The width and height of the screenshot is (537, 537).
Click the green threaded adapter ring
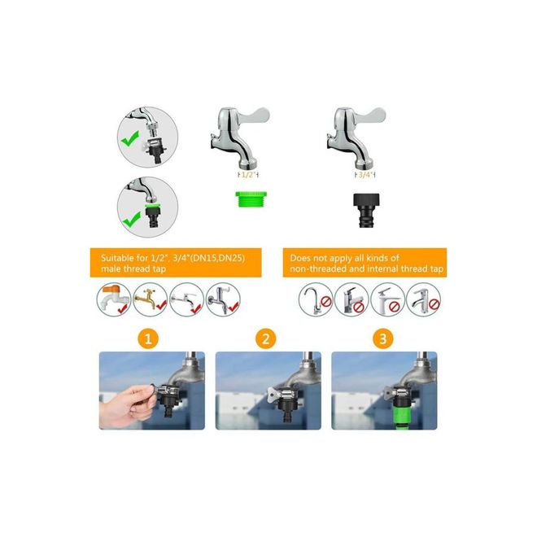click(251, 199)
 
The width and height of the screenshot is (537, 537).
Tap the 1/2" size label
click(248, 175)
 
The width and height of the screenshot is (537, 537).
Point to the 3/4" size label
click(365, 175)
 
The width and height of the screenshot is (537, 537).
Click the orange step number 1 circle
click(148, 339)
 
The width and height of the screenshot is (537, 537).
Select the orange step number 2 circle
click(265, 339)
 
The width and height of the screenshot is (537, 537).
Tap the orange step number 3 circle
click(383, 339)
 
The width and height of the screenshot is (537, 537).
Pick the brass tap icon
click(149, 299)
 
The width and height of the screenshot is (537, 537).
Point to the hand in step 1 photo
click(125, 406)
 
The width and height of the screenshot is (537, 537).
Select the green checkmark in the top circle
click(129, 138)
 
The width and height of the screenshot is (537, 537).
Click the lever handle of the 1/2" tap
click(255, 116)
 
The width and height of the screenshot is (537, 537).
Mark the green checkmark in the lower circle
click(132, 219)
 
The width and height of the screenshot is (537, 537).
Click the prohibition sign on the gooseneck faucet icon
click(327, 303)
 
